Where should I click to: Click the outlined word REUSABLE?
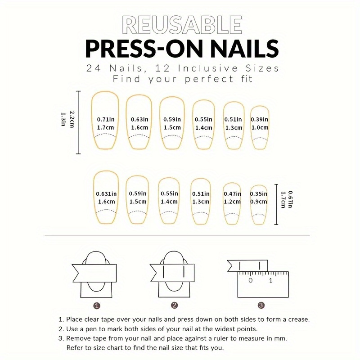point(182,25)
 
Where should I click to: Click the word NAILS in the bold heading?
point(244,49)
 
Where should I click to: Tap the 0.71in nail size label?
point(106,119)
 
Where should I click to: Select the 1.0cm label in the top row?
point(260,127)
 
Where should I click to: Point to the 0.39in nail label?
point(260,119)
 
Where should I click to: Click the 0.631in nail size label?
point(106,194)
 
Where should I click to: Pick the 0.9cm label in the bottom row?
point(258,202)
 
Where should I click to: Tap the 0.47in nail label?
point(232,194)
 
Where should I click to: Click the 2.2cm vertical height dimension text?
point(72,119)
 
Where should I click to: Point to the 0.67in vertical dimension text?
point(290,199)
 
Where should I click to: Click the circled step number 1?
point(97,306)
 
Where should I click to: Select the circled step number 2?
point(175,305)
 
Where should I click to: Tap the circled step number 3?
point(261,305)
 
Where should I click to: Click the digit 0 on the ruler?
point(251,280)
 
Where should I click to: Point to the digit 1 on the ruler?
point(271,280)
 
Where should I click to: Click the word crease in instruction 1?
point(298,319)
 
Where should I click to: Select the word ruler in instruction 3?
point(221,338)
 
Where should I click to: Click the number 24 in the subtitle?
point(94,68)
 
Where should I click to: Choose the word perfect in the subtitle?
point(209,79)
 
